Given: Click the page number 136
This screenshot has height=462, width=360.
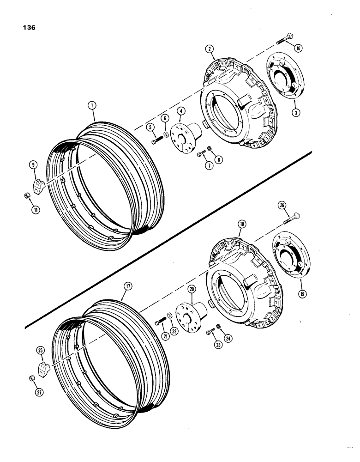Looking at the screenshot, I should pyautogui.click(x=29, y=27).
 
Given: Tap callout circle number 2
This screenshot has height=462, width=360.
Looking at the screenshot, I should pyautogui.click(x=210, y=49).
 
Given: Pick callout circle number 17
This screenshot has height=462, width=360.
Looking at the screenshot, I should pyautogui.click(x=127, y=286).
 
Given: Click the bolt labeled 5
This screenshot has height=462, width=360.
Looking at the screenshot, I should pyautogui.click(x=155, y=141).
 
